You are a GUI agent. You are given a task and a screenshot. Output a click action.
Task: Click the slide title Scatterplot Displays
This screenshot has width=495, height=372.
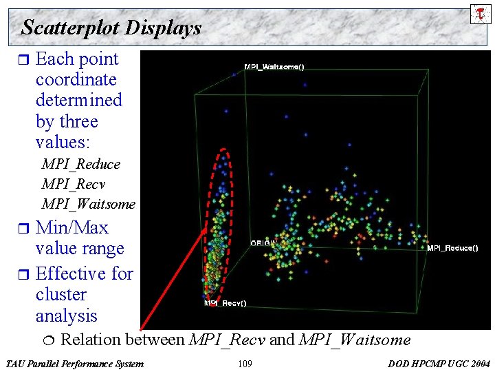[111, 28]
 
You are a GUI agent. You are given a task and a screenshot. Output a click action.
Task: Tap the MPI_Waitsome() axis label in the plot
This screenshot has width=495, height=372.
[274, 67]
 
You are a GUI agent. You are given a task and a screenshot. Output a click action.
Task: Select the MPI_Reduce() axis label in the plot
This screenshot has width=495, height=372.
[452, 248]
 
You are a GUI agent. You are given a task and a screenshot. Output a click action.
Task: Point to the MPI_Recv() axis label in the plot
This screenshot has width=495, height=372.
[225, 303]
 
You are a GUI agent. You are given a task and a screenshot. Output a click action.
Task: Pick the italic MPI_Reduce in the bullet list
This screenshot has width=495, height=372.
[80, 164]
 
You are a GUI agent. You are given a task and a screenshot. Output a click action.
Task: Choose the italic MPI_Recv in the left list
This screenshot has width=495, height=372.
[73, 184]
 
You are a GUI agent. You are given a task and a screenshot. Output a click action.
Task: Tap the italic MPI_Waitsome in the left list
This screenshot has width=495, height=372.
[88, 204]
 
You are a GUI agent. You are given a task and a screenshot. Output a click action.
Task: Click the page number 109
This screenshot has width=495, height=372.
[245, 364]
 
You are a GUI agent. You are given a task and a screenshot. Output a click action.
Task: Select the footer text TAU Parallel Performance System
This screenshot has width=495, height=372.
[74, 364]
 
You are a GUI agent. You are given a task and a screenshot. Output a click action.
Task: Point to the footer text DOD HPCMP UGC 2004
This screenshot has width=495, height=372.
[439, 364]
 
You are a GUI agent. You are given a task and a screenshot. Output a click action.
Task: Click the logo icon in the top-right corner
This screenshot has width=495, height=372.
[481, 13]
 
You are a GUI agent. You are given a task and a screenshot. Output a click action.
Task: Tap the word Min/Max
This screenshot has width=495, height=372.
[71, 227]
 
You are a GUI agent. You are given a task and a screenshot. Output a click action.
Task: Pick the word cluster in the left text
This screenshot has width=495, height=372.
[60, 294]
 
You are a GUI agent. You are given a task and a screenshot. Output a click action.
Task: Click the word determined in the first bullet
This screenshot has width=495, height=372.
[78, 100]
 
